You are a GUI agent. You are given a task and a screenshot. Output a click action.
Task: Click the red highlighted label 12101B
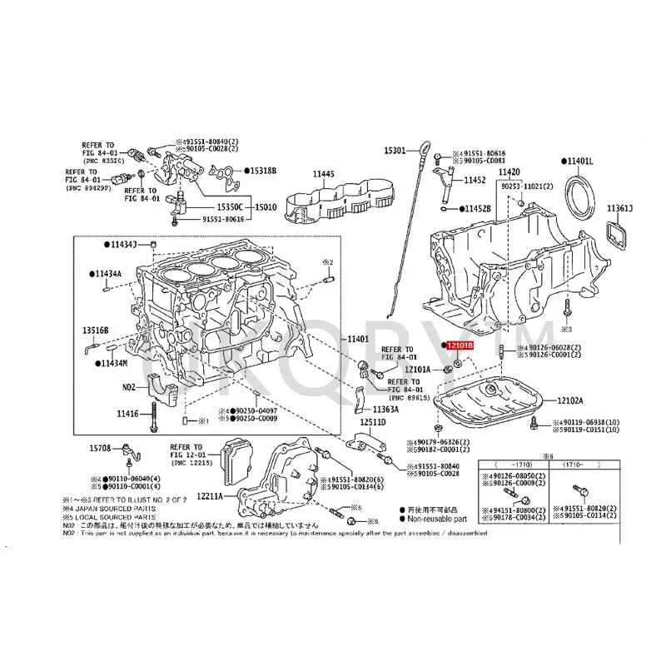(459, 345)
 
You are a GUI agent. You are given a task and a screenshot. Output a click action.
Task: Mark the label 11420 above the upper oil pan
(509, 171)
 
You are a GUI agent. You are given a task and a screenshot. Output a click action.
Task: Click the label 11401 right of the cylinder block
(358, 340)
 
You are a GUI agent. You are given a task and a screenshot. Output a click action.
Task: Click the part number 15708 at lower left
(100, 449)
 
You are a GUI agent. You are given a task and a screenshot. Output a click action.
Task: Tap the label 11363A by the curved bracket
(386, 410)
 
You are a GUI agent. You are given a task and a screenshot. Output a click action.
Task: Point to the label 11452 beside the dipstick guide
(475, 179)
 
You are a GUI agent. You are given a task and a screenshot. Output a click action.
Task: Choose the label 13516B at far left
(97, 330)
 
